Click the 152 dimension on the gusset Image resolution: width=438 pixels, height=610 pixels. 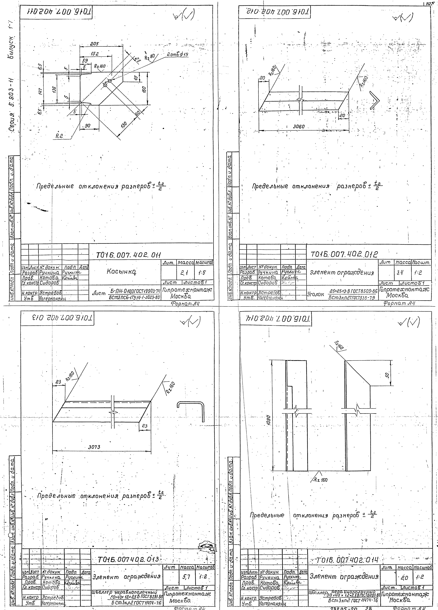94,54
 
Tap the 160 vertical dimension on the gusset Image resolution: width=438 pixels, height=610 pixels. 144,89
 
